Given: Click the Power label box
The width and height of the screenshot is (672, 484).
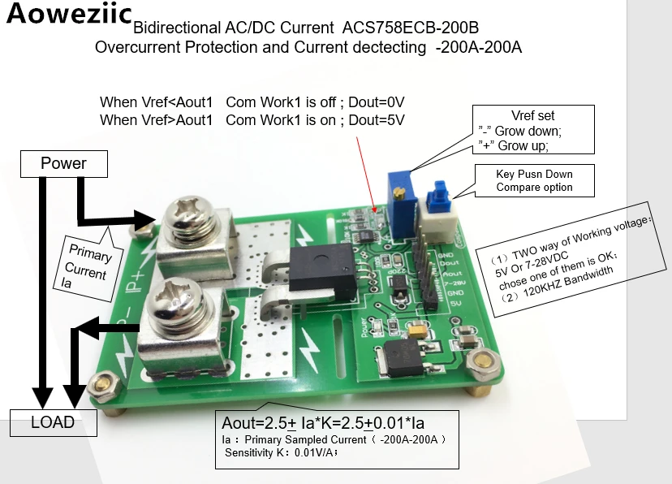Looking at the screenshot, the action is point(63,164).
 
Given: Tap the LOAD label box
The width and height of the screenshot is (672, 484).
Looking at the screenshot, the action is point(53,423).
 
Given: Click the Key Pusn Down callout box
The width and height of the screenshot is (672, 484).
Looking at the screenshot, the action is point(534,180).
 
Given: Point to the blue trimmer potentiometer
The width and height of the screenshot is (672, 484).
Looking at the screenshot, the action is point(398,196).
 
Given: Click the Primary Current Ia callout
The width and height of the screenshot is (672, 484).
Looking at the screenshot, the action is point(86,261).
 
